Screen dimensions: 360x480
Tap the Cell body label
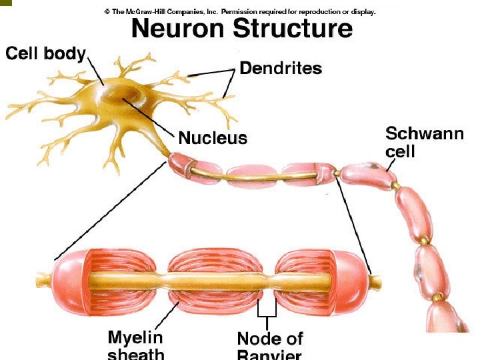click(45, 53)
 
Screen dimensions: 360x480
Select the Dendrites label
click(281, 68)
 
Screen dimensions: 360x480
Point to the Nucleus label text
click(213, 138)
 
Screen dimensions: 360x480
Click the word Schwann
click(425, 133)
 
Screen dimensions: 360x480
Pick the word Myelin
click(135, 337)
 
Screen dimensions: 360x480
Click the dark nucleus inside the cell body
click(120, 100)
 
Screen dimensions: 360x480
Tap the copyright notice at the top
click(240, 11)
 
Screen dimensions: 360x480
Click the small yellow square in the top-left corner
click(5, 3)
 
